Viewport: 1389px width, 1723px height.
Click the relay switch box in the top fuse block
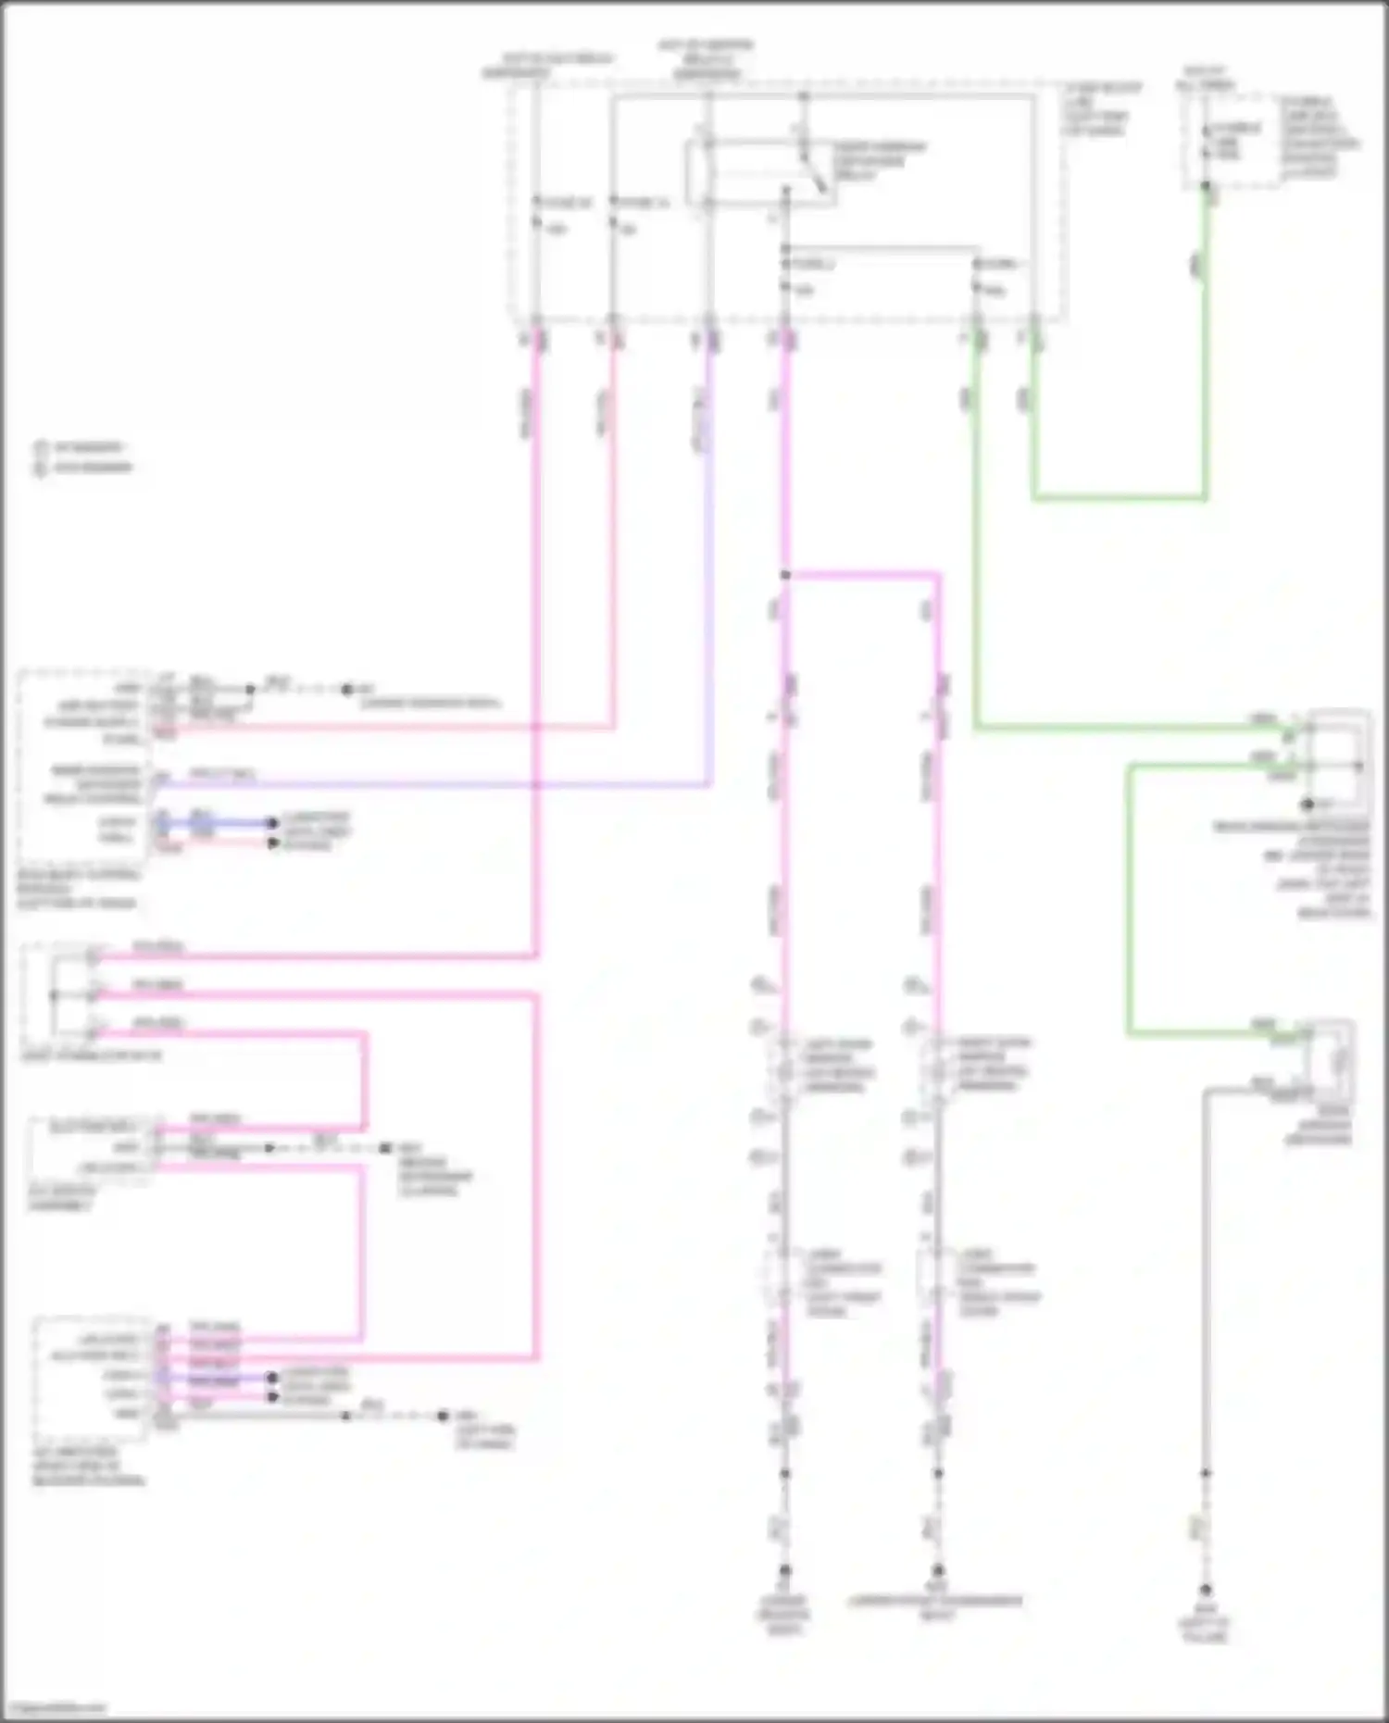point(759,172)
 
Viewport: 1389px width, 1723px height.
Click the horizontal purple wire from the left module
point(435,785)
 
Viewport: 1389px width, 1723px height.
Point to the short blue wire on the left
point(218,822)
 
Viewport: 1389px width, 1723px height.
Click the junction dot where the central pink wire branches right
point(785,575)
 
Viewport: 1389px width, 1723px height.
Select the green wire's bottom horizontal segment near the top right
point(1120,498)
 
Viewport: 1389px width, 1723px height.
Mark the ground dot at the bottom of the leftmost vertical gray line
point(785,1570)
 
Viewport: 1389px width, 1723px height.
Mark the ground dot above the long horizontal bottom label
point(938,1570)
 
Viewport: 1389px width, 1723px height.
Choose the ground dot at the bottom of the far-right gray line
point(1206,1589)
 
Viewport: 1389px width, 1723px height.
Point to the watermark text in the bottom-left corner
point(54,1707)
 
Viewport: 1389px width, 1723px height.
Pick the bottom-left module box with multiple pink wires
point(90,1378)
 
